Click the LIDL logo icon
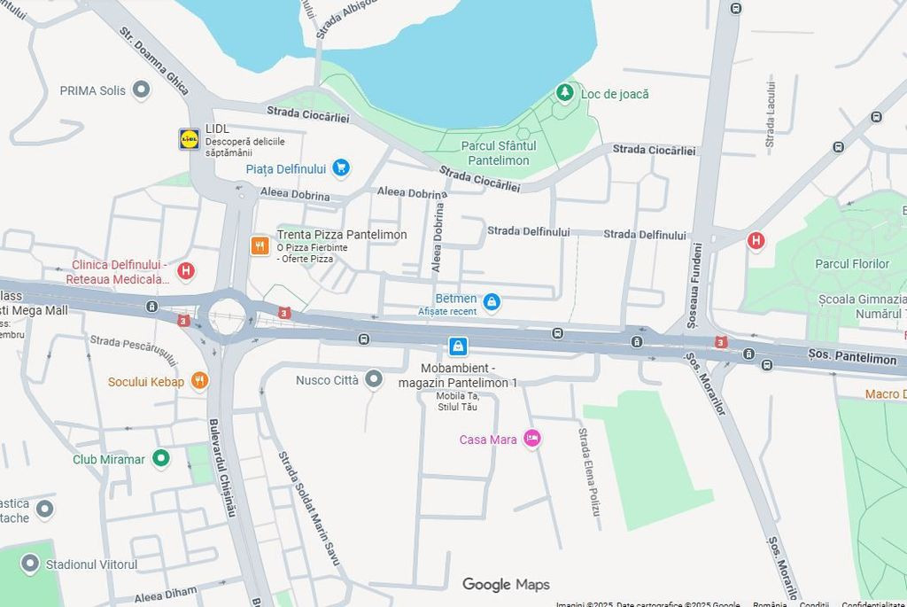[189, 139]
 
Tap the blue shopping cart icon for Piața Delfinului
[341, 167]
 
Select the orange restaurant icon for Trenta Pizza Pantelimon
[260, 245]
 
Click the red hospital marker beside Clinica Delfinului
[185, 270]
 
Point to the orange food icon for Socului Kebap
[199, 381]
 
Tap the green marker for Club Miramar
[160, 458]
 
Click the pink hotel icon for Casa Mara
[531, 439]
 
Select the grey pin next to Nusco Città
[374, 379]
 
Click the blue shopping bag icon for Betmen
[492, 302]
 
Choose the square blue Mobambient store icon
[458, 346]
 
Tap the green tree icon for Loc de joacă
[564, 93]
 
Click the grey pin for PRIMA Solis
[141, 89]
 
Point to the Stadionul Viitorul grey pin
[30, 564]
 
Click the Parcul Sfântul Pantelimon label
[498, 153]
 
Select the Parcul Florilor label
[851, 263]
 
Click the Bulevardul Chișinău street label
[221, 468]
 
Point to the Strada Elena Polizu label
[589, 472]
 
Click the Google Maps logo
[506, 585]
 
